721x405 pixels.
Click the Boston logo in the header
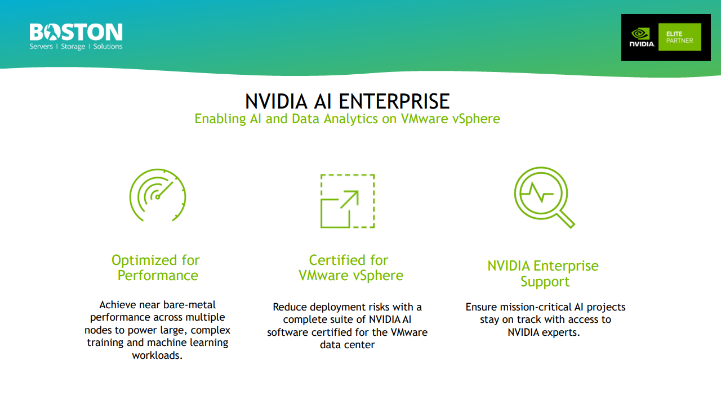pos(75,33)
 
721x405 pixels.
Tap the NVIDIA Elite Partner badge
pos(665,37)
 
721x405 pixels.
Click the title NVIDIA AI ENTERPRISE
pos(347,101)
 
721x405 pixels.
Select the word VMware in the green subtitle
pos(423,119)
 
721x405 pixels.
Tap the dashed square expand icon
pos(347,201)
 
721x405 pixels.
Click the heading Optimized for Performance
pos(155,268)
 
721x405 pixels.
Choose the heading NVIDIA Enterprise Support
pos(543,273)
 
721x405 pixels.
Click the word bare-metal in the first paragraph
pos(189,305)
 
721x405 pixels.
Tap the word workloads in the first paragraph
pos(157,355)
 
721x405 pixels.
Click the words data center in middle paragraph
pos(347,345)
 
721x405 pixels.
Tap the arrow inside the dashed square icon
pos(349,200)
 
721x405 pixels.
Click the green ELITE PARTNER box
pos(679,37)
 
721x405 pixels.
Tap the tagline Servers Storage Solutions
pos(75,47)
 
